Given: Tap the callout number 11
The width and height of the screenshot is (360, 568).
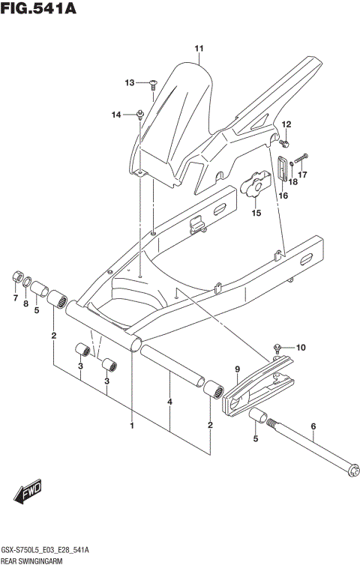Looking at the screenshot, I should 199,49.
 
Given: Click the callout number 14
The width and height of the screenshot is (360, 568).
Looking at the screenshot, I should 116,115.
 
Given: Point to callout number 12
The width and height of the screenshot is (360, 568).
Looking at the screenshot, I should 286,124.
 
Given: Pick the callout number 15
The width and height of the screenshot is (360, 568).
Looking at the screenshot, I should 256,213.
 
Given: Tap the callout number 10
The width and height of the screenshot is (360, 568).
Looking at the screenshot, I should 301,347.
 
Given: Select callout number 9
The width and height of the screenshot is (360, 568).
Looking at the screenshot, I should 236,368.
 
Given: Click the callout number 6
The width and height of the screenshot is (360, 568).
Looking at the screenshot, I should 313,429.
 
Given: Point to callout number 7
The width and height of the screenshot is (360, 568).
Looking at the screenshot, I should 14,299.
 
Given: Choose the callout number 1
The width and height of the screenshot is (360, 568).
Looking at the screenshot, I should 132,426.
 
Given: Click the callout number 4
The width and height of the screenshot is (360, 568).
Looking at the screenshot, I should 170,402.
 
